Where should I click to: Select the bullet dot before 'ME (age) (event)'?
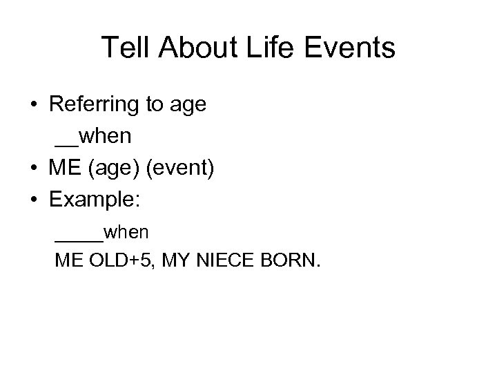pyautogui.click(x=34, y=169)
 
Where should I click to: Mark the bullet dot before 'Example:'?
pyautogui.click(x=34, y=199)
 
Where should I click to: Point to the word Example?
pyautogui.click(x=95, y=200)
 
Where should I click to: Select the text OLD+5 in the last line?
pyautogui.click(x=114, y=262)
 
